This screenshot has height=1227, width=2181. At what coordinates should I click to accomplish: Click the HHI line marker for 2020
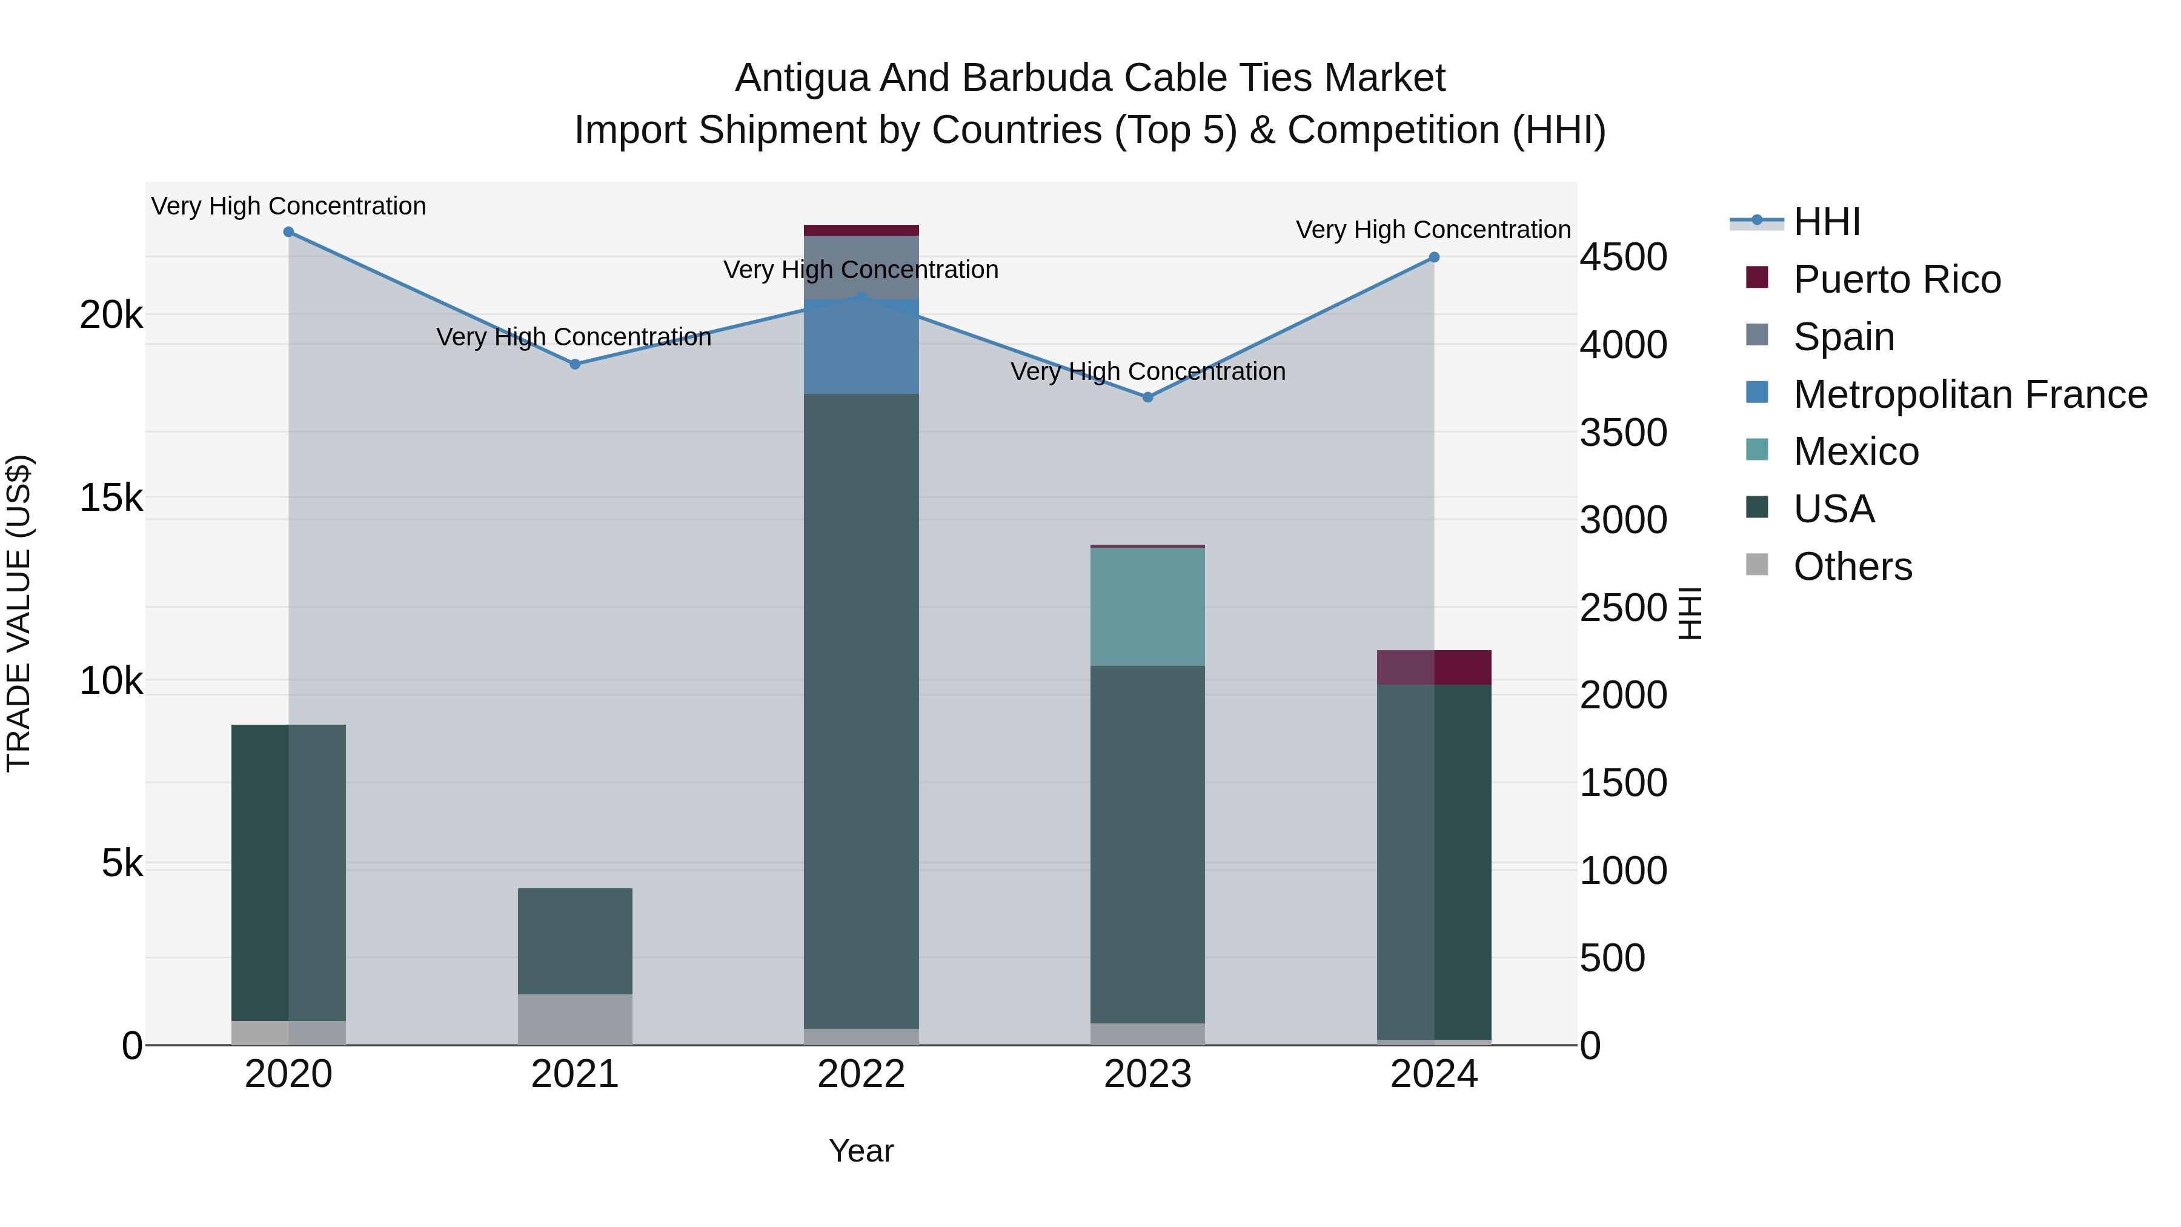(x=289, y=232)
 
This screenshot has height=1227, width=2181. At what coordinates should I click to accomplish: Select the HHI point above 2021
(x=575, y=364)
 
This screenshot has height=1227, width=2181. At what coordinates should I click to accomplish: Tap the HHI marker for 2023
(x=1148, y=397)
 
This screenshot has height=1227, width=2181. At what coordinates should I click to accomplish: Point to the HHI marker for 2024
(x=1434, y=258)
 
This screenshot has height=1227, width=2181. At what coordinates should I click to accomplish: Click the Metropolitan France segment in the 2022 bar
(x=861, y=347)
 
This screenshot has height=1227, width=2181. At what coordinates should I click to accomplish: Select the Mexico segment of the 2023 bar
(x=1148, y=607)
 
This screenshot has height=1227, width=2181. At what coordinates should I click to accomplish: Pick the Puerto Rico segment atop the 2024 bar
(x=1434, y=667)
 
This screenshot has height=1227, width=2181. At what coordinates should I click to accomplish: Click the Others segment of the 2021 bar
(x=575, y=1020)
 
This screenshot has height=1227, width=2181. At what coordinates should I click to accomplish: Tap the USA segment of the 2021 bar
(x=575, y=941)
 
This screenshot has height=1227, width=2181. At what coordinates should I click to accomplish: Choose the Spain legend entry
(x=1843, y=337)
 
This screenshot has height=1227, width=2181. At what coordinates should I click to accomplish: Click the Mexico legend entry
(x=1855, y=451)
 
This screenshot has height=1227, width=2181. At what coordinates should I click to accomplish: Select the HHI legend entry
(x=1826, y=222)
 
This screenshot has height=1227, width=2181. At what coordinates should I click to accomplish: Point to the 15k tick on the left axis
(x=111, y=498)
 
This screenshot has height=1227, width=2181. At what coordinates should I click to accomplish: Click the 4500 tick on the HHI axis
(x=1623, y=258)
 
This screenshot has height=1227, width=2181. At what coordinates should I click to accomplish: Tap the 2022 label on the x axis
(x=861, y=1074)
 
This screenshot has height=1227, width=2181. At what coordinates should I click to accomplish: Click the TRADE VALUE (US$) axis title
(x=19, y=613)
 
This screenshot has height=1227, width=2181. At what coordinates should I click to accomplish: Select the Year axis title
(x=861, y=1151)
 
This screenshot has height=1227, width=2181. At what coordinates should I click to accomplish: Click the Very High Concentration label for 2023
(x=1148, y=372)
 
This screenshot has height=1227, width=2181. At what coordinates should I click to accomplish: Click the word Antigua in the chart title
(x=802, y=78)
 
